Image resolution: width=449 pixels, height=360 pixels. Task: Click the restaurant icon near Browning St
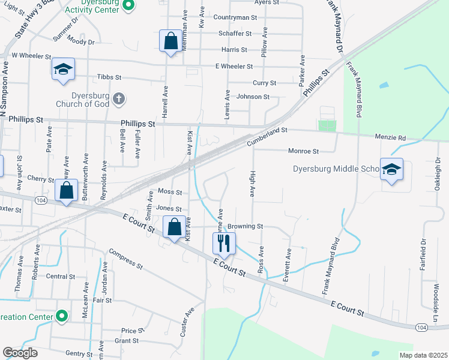pyautogui.click(x=224, y=243)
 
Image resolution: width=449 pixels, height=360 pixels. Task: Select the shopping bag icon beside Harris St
pyautogui.click(x=171, y=41)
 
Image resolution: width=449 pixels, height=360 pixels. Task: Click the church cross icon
pyautogui.click(x=119, y=97)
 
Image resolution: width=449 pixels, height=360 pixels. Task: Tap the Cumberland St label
pyautogui.click(x=268, y=137)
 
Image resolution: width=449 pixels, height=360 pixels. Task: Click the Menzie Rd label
pyautogui.click(x=391, y=138)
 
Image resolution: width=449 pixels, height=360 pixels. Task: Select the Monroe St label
pyautogui.click(x=303, y=151)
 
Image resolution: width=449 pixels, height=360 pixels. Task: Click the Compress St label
pyautogui.click(x=125, y=257)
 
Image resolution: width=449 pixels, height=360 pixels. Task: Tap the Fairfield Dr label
pyautogui.click(x=423, y=254)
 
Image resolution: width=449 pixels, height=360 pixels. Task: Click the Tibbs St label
pyautogui.click(x=109, y=77)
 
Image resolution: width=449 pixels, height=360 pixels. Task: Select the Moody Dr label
pyautogui.click(x=81, y=41)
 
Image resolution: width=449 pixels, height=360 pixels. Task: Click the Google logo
pyautogui.click(x=20, y=353)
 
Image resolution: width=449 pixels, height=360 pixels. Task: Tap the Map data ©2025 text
pyautogui.click(x=423, y=355)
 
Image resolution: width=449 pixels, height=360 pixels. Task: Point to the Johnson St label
pyautogui.click(x=253, y=97)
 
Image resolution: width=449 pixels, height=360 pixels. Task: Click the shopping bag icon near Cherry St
pyautogui.click(x=67, y=191)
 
